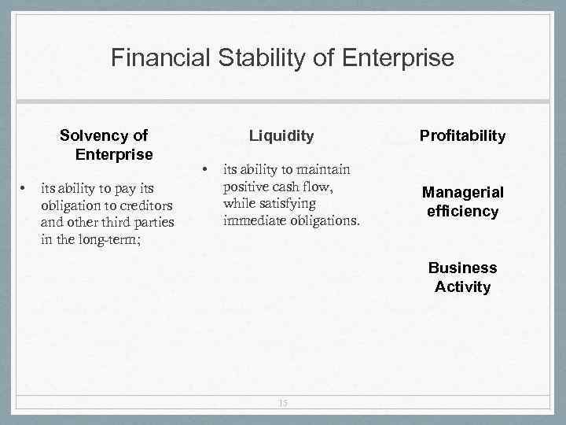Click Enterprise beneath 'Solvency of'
(x=114, y=153)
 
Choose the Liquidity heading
(x=281, y=135)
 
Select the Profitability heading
(x=462, y=136)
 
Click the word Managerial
(x=462, y=193)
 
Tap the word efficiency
(x=462, y=211)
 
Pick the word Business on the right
(x=462, y=268)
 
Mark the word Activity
(x=462, y=286)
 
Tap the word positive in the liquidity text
(x=246, y=187)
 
